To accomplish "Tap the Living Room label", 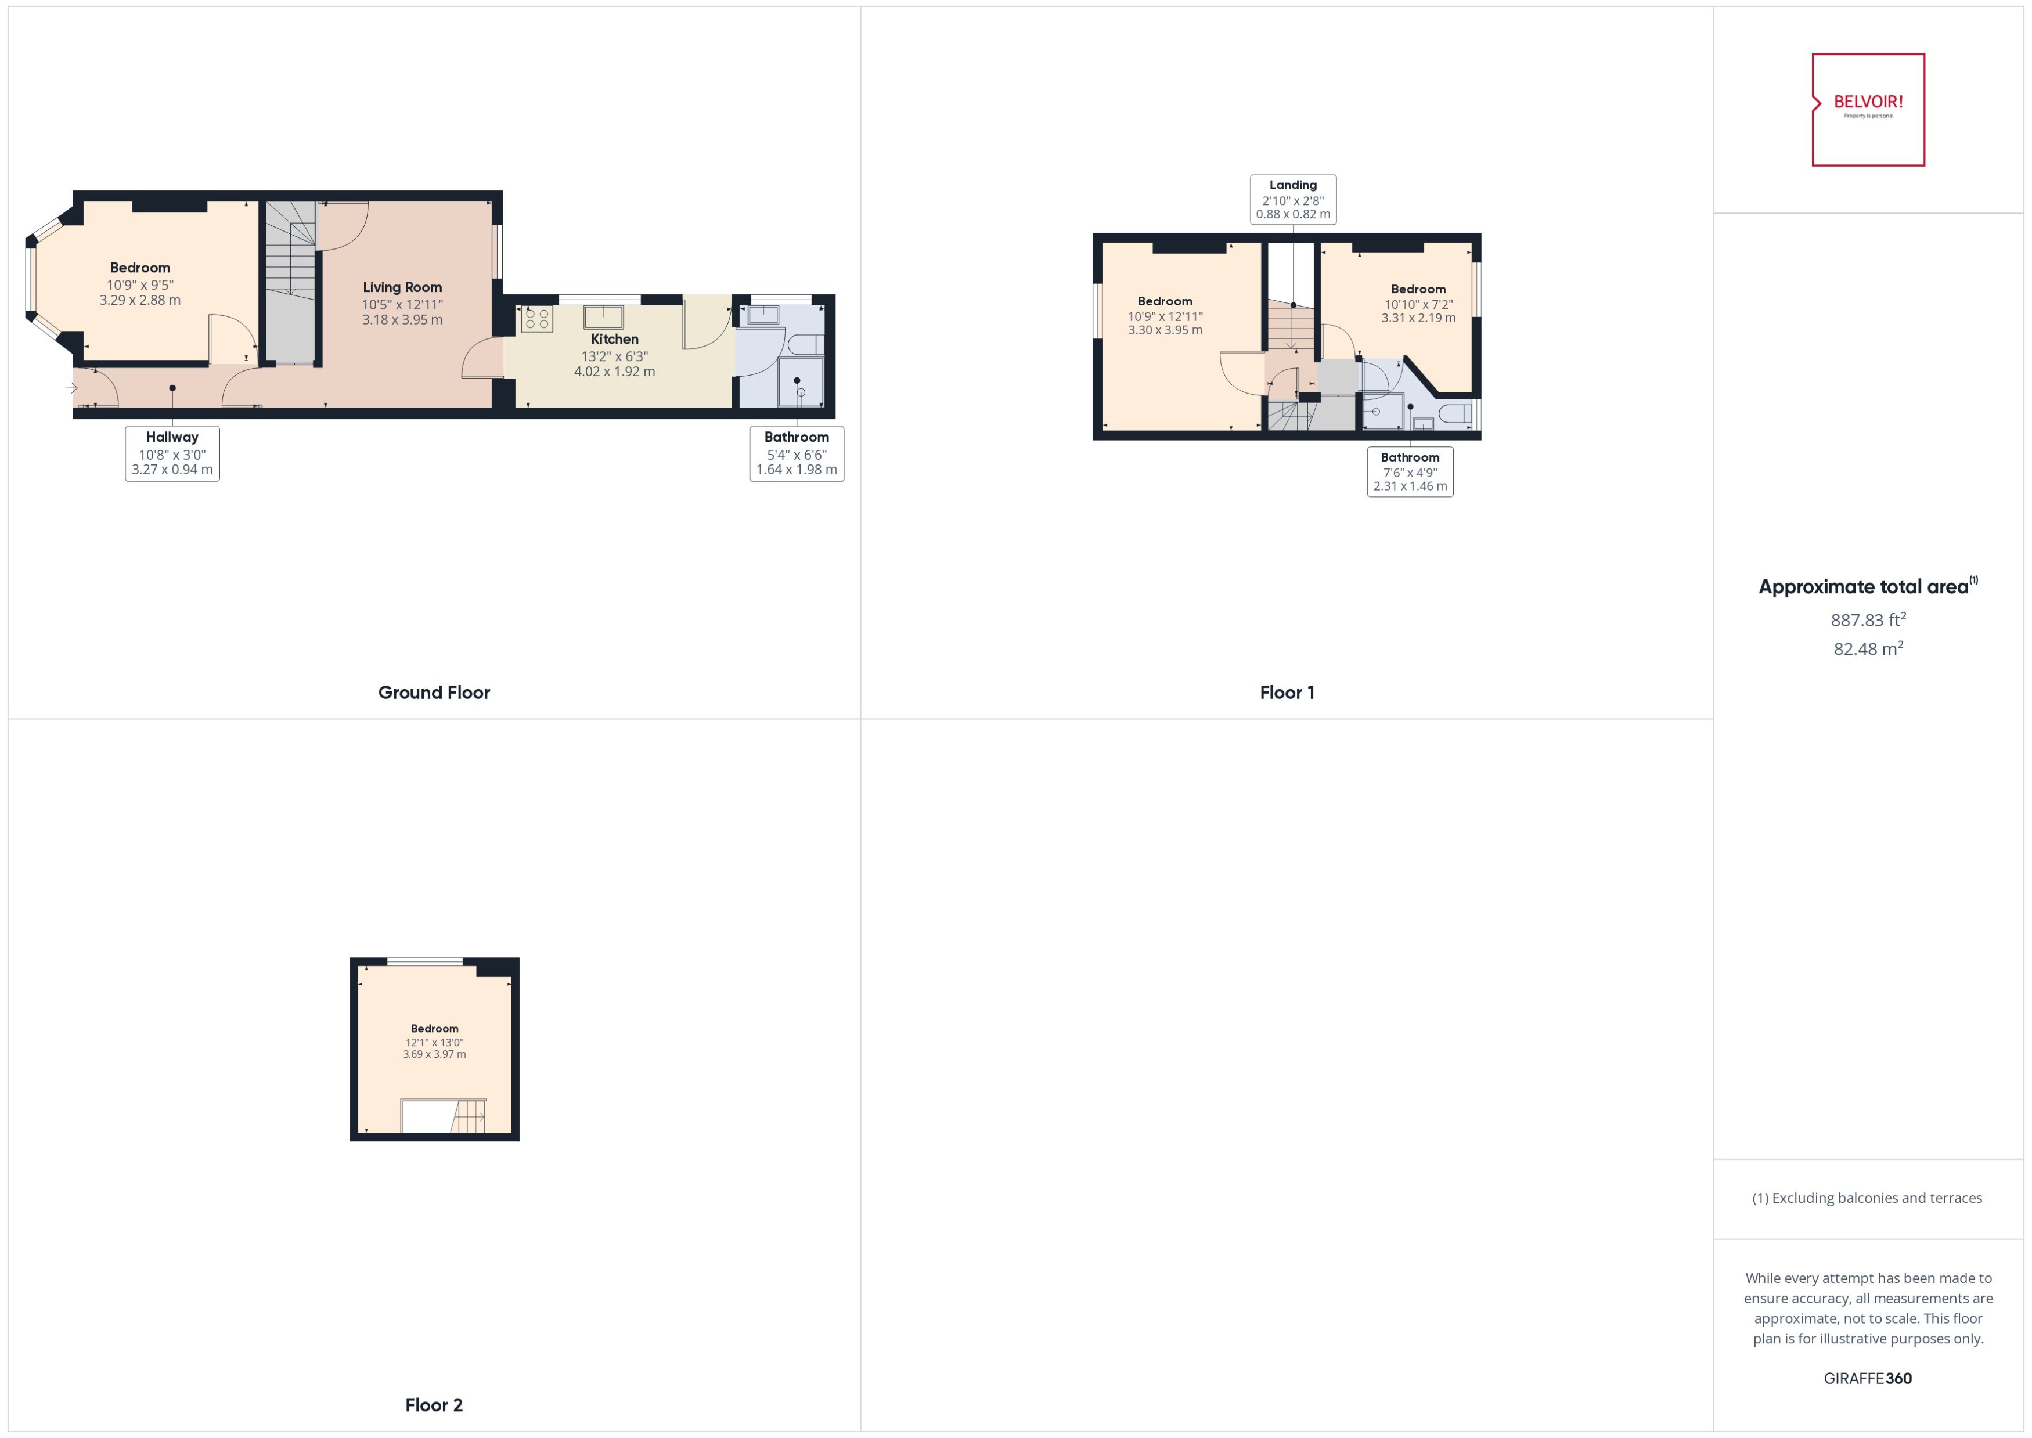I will tap(402, 287).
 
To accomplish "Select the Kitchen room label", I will tap(614, 339).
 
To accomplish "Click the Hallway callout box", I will tap(172, 453).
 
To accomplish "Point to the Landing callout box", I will tap(1293, 199).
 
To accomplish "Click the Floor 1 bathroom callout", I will tap(1410, 471).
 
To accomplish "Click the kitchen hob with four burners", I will tap(536, 319).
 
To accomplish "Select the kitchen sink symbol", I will tap(603, 316).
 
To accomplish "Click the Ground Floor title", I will tap(434, 693).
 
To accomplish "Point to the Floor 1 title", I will tap(1287, 693).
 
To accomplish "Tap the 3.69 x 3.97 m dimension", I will tap(434, 1055).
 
